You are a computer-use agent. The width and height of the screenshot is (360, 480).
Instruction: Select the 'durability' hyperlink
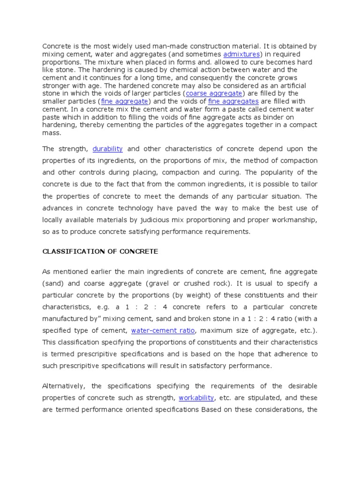click(x=108, y=149)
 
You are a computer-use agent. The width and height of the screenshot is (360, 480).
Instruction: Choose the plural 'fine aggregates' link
click(x=233, y=101)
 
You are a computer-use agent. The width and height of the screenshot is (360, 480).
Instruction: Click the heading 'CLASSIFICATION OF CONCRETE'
click(x=100, y=251)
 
